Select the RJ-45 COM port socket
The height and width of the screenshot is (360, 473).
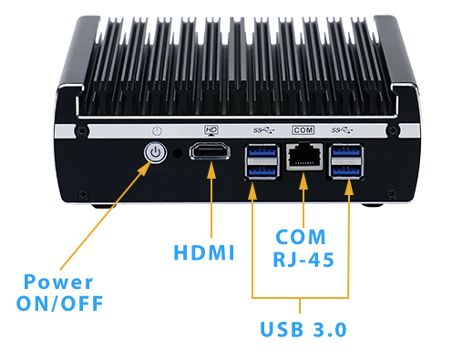click(301, 159)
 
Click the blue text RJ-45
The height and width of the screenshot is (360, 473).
click(303, 260)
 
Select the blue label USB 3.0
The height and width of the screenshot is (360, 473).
click(302, 329)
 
